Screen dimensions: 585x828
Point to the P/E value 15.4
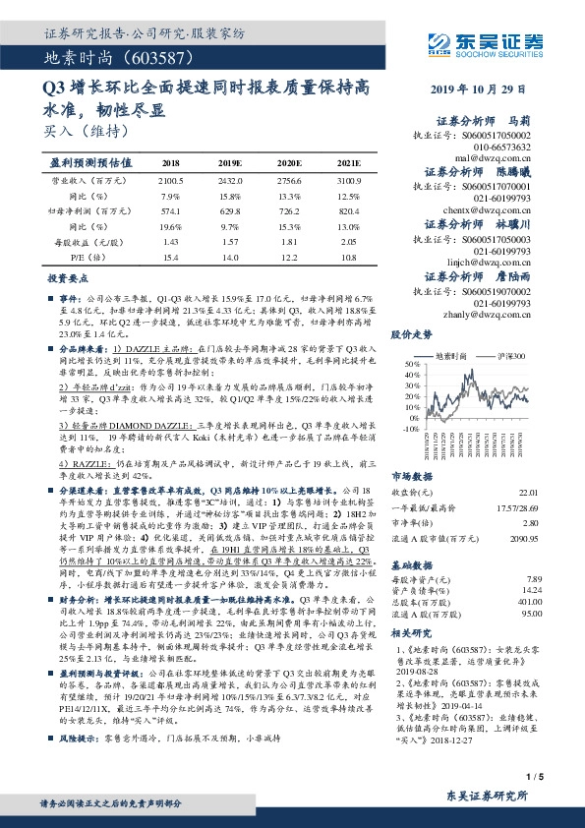pos(170,257)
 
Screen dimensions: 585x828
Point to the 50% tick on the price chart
pos(409,365)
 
